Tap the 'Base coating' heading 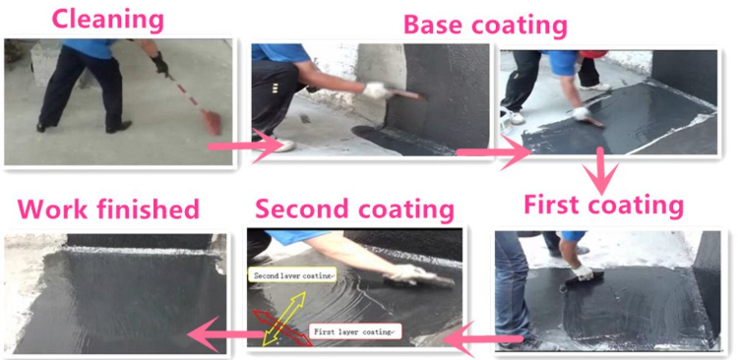coord(486,23)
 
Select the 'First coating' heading coord(602,205)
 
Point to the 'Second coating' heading coord(354,209)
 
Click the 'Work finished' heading coord(108,209)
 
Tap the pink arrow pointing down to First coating coord(597,170)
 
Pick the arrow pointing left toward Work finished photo coord(220,335)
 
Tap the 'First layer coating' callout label coord(354,332)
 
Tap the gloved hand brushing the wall coord(377,91)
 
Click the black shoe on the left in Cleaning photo coord(44,127)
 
